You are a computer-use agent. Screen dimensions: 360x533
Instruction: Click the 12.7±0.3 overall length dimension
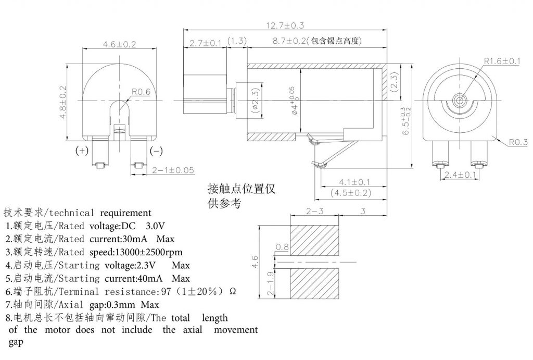point(286,25)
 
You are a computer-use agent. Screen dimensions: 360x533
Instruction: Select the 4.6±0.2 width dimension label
point(119,44)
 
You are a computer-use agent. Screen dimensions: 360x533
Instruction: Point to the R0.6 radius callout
point(140,92)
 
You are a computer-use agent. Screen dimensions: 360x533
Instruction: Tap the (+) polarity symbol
point(82,151)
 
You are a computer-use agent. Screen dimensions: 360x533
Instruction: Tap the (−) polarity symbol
point(156,151)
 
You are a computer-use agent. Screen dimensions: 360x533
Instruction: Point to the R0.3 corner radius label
point(518,142)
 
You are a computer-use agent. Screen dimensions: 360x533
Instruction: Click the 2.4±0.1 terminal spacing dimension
point(460,175)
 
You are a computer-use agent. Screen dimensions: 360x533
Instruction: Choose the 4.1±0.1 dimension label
point(354,182)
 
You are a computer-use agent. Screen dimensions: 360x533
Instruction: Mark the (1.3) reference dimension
point(237,41)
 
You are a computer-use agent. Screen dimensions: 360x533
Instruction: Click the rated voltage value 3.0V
point(155,226)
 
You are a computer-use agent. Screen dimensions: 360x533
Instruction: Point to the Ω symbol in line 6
point(233,291)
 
